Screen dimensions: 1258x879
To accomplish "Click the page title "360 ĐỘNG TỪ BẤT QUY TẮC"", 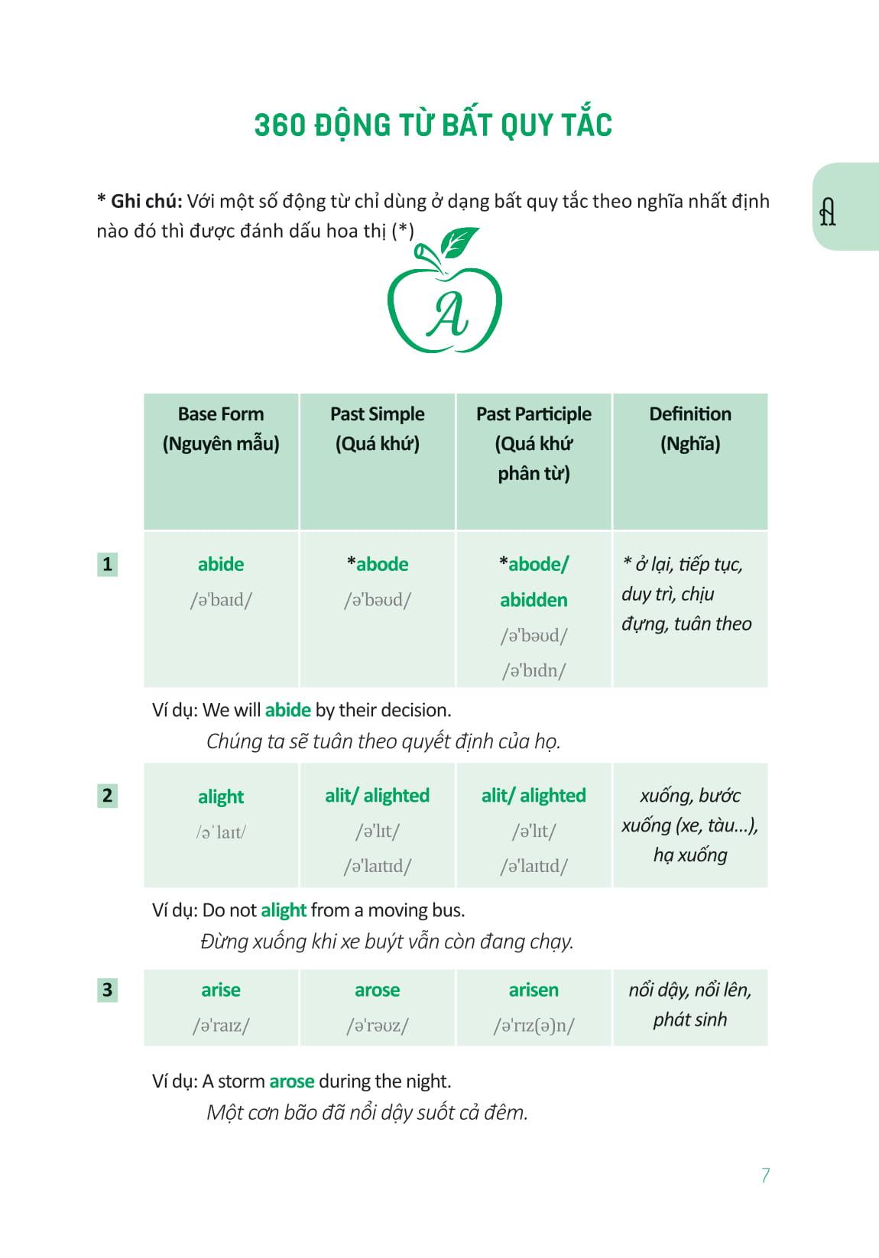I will point(433,125).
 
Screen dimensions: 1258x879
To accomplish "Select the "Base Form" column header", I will point(221,414).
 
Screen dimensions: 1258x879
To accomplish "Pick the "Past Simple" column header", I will point(377,414).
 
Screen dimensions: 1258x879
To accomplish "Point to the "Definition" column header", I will point(689,414).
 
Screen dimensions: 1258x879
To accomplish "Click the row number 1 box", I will point(107,565).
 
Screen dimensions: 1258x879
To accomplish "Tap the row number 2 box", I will point(107,796).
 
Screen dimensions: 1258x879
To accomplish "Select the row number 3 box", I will point(107,990).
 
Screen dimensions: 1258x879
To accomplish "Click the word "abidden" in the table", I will point(534,600).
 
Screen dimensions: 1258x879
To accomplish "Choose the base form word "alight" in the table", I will point(221,796).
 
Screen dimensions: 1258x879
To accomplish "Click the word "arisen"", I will point(534,990).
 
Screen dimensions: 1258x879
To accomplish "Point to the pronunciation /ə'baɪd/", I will point(221,600).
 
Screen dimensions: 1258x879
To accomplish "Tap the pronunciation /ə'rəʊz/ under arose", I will point(377,1025).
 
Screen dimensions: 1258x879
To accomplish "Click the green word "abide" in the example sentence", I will point(287,710).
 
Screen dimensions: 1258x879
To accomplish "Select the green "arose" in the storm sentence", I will point(292,1081).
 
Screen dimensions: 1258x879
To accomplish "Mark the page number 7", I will point(765,1175).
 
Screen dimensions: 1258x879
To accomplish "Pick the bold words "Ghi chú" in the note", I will point(145,202).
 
